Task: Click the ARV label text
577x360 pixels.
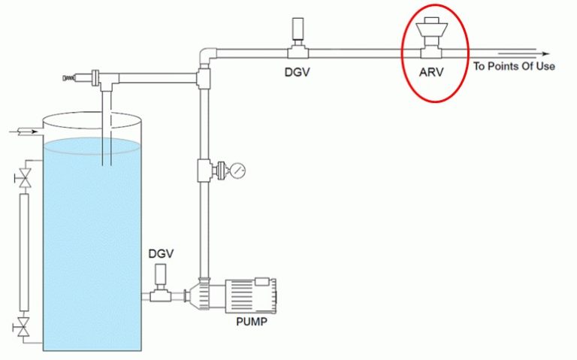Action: coord(431,72)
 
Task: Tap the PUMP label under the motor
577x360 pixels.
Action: coord(252,322)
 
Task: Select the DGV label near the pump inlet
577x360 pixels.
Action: coord(161,253)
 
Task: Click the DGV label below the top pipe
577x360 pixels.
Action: coord(297,72)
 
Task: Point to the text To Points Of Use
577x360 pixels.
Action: coord(514,66)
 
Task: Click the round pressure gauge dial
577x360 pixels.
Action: coord(237,171)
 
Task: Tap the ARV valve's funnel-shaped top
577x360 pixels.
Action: coord(431,28)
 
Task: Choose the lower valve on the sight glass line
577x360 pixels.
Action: coord(25,326)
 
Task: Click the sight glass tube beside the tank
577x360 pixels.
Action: coord(24,253)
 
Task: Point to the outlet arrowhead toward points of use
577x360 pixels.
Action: coord(545,54)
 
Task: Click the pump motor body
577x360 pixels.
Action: coord(251,296)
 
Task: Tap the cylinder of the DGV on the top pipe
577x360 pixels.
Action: coord(298,29)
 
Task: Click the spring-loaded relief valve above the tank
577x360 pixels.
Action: coord(82,77)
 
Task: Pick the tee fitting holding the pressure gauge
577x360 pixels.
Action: coord(204,170)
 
